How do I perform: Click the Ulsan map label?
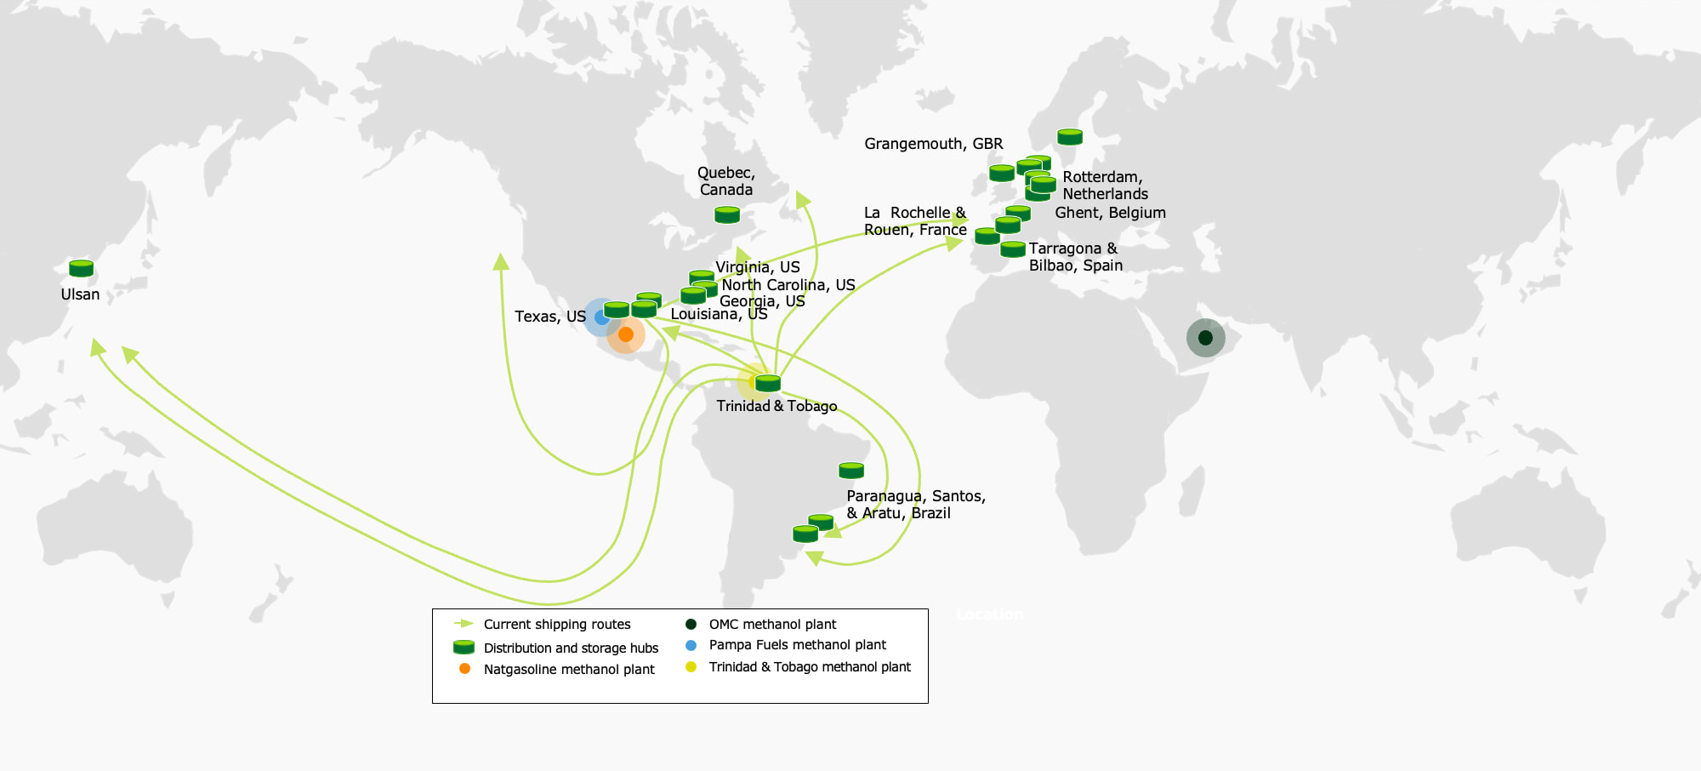coord(80,294)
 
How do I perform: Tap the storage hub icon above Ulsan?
coord(81,268)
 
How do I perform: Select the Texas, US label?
coord(550,317)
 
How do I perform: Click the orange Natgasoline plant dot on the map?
coord(626,334)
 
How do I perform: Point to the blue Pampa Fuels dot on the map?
coord(601,317)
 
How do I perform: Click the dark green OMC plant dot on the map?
coord(1205,338)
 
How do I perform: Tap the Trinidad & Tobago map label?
coord(777,406)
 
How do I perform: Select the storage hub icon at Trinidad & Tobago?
coord(768,383)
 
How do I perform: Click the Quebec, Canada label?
coord(726,181)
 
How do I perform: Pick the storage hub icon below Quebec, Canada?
coord(727,214)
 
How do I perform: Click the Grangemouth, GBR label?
coord(934,144)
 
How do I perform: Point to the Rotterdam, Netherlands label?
coord(1105,186)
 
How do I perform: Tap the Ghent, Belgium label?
coord(1110,213)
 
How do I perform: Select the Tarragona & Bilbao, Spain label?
coord(1076,257)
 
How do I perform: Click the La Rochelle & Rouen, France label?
coord(915,221)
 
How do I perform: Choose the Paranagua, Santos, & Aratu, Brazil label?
coord(916,505)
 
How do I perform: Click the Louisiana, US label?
coord(719,314)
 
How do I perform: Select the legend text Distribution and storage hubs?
coord(571,648)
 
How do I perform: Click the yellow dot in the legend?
coord(691,666)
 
